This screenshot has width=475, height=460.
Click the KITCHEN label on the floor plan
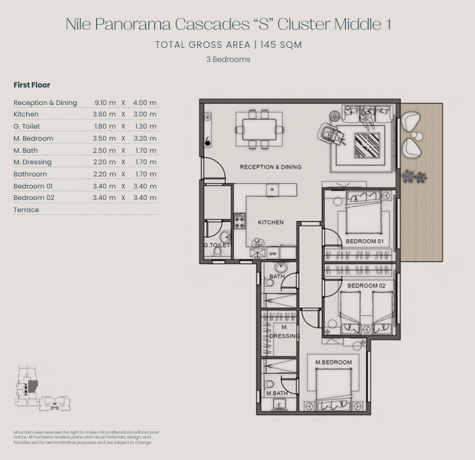pos(271,222)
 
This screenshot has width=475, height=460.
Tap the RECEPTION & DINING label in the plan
pos(271,167)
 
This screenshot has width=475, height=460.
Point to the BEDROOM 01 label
pos(365,241)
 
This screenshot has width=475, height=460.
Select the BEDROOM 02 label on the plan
pos(367,286)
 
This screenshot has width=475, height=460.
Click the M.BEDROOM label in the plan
pos(334,362)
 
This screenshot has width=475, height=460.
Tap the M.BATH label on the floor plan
pos(277,393)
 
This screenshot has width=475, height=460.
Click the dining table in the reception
pos(259,129)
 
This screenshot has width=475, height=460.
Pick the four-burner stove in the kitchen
pos(240,221)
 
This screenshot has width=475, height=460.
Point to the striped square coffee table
pos(367,145)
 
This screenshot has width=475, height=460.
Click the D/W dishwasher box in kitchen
pos(273,254)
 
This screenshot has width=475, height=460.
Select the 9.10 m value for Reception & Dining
pos(105,102)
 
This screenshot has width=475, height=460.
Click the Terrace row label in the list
pos(26,210)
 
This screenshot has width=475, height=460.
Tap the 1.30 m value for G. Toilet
pos(146,126)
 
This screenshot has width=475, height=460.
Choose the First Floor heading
pos(32,85)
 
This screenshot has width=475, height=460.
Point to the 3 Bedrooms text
pos(228,59)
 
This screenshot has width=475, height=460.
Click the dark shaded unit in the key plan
pos(33,387)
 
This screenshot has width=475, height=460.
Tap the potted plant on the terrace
pos(414,176)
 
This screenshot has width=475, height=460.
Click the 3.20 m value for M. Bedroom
pos(145,138)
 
